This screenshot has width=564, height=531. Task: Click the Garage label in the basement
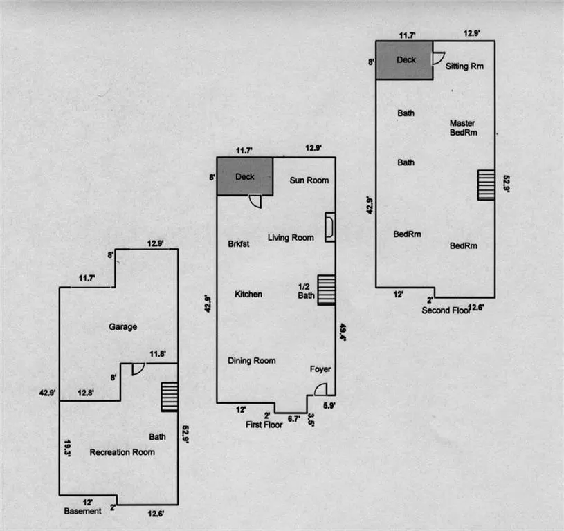click(x=122, y=327)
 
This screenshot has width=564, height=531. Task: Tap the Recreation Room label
click(x=122, y=452)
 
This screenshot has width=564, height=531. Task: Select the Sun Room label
click(x=309, y=180)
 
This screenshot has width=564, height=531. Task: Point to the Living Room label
click(x=291, y=238)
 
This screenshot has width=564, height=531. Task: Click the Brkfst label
click(x=237, y=244)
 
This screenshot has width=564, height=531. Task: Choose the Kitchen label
click(x=248, y=295)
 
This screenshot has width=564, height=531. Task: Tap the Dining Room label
click(x=252, y=361)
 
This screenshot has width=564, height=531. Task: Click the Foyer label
click(x=320, y=369)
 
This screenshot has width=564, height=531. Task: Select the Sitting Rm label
click(x=464, y=67)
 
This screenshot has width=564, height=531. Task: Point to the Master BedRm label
click(x=463, y=128)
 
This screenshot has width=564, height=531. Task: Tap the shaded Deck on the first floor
click(x=244, y=176)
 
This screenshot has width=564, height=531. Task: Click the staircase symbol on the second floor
click(x=486, y=185)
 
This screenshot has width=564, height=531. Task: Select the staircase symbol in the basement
click(x=170, y=398)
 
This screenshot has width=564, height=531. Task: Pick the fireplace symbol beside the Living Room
click(x=330, y=226)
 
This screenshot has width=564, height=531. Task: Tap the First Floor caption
click(x=264, y=425)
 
